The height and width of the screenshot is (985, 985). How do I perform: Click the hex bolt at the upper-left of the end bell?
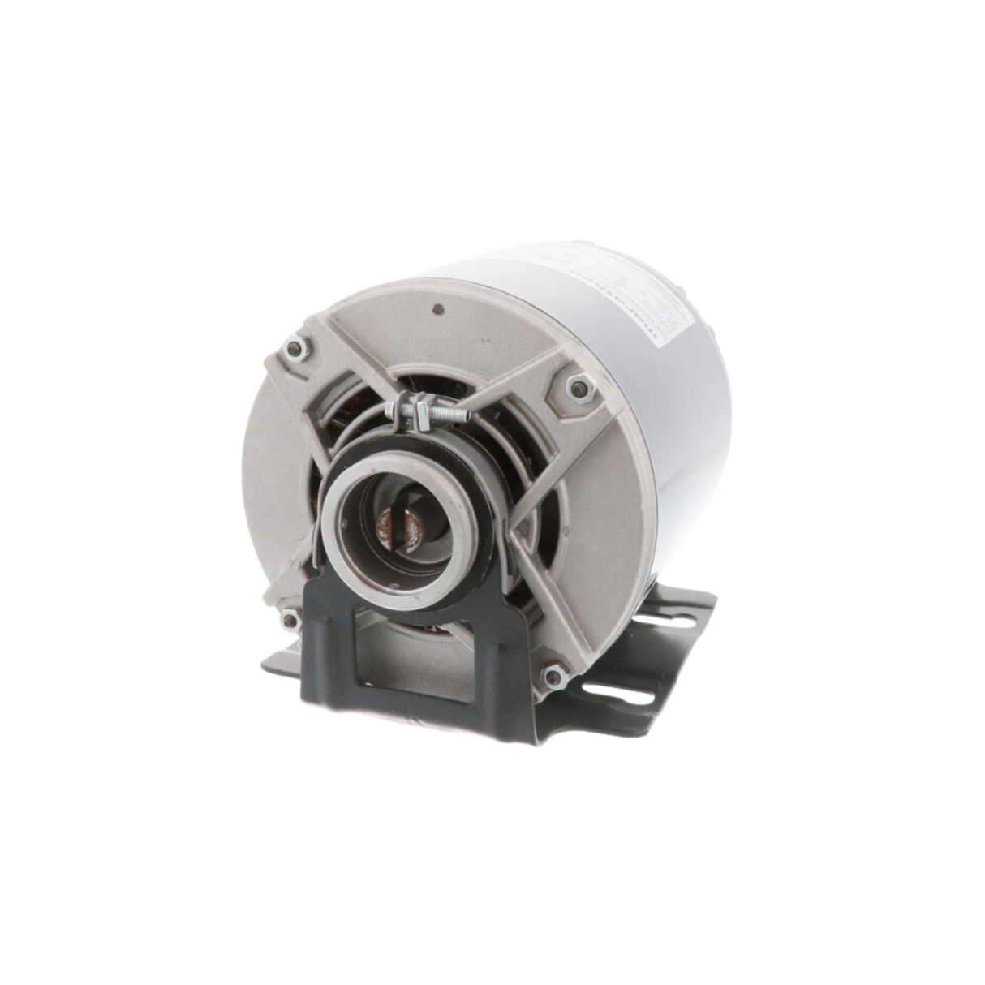tap(295, 350)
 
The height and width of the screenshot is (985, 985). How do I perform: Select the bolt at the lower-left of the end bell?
tap(288, 621)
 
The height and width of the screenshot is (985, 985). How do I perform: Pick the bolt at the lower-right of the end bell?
tap(553, 675)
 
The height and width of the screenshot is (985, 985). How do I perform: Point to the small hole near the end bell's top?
tap(438, 309)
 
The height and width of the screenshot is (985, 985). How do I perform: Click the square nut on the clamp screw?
tap(421, 414)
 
